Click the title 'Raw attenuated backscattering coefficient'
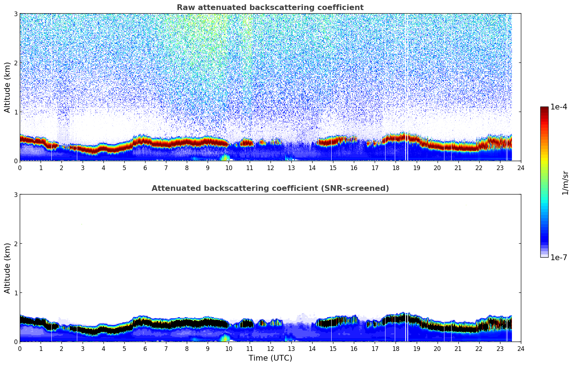click(x=270, y=8)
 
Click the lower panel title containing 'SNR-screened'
click(x=270, y=188)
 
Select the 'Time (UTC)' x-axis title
click(x=270, y=358)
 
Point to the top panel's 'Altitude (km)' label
click(x=8, y=87)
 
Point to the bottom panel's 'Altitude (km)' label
click(x=8, y=268)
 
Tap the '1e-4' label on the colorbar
click(x=559, y=107)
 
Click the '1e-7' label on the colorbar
click(x=559, y=257)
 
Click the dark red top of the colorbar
click(x=544, y=108)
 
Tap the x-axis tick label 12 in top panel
click(x=270, y=168)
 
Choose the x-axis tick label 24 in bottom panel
click(x=521, y=349)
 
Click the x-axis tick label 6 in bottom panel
click(x=145, y=349)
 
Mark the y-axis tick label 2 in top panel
click(x=15, y=63)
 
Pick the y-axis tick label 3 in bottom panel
click(x=15, y=194)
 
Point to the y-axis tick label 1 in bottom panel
click(x=15, y=293)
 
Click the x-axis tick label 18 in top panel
click(x=396, y=168)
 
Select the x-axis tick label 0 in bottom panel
click(x=20, y=349)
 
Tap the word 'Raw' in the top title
click(x=184, y=8)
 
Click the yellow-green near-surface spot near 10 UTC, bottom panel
click(x=225, y=338)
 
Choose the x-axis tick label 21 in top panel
click(x=458, y=168)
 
